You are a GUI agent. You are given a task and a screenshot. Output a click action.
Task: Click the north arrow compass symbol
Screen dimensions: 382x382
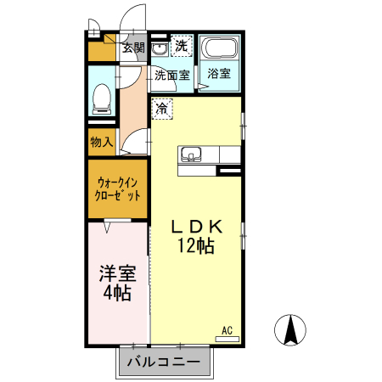pos(290,330)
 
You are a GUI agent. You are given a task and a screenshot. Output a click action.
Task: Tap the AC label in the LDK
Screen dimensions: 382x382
pos(227,330)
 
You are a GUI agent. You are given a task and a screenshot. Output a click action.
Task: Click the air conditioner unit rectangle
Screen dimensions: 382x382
pos(228,339)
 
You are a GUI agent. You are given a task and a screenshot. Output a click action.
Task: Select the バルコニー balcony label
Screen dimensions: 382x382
pos(164,362)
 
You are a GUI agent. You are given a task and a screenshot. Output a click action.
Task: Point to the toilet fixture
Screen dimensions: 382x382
pos(102,99)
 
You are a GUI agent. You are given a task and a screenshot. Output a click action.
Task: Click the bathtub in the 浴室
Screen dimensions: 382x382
pos(221,47)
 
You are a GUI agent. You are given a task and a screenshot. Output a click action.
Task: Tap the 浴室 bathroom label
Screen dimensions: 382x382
pos(219,74)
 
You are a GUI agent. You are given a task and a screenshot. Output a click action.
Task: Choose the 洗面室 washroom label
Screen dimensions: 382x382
pos(172,76)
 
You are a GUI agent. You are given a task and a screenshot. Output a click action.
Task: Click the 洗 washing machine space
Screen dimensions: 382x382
pos(182,46)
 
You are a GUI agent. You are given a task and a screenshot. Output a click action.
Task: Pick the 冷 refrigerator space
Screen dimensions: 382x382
pos(162,109)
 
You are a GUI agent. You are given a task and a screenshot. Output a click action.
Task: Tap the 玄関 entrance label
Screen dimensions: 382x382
pos(133,48)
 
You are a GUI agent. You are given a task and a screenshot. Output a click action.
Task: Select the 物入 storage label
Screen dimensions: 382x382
pos(102,142)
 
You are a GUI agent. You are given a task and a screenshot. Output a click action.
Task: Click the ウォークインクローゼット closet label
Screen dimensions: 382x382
pos(117,189)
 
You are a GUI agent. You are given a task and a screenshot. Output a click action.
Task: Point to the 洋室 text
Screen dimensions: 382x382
pos(117,273)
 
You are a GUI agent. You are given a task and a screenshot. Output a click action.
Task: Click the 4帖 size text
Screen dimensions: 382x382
pos(117,293)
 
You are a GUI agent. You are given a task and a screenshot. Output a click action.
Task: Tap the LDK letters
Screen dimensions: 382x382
pos(197,227)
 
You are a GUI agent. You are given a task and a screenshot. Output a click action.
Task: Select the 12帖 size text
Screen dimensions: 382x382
pos(195,245)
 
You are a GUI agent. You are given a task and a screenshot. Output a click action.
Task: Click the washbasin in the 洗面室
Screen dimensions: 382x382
pos(160,49)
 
